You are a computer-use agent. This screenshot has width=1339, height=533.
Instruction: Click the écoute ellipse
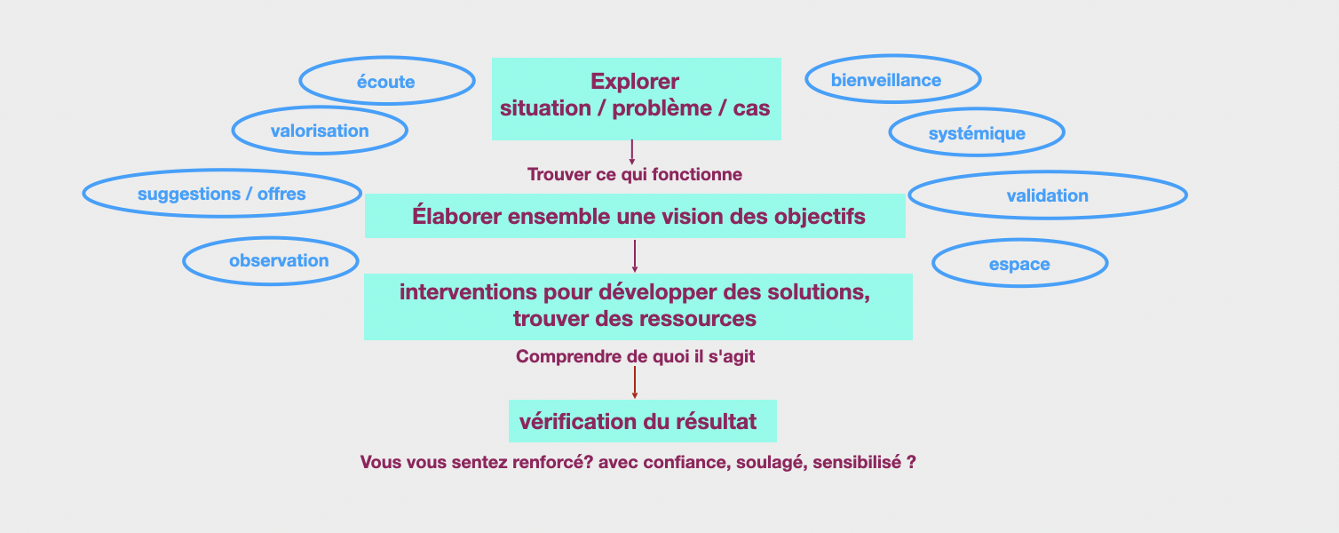pos(386,82)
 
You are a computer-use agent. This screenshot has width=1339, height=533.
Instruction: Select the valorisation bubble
pos(320,131)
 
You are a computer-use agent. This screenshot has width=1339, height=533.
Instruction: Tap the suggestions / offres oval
pos(222,194)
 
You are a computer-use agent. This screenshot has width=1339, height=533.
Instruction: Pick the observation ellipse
pos(271,260)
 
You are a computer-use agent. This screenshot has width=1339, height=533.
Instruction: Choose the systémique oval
pos(977,133)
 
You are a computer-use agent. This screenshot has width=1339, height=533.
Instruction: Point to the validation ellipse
pos(1048,195)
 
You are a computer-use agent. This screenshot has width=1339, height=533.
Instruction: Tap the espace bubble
pos(1019,264)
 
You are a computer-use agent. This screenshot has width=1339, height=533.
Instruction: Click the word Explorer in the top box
pos(635,82)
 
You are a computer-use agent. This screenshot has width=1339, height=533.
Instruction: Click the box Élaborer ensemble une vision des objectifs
pos(635,216)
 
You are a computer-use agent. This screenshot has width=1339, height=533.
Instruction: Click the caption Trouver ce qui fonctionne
pos(635,174)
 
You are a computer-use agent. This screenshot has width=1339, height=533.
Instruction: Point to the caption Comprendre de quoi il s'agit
pos(635,357)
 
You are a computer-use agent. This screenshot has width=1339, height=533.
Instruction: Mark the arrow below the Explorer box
pos(632,151)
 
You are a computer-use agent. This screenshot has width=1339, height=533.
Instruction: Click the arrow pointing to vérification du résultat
pos(635,382)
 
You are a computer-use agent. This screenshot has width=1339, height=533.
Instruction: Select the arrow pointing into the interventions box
pos(635,255)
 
